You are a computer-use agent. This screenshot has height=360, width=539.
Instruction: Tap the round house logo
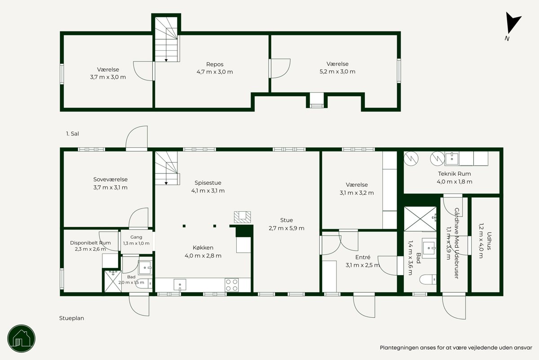pyautogui.click(x=21, y=338)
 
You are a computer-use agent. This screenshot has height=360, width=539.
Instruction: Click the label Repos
pyautogui.click(x=215, y=64)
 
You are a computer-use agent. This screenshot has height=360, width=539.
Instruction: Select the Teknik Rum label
pyautogui.click(x=454, y=173)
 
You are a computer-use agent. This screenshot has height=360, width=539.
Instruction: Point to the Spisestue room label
pyautogui.click(x=208, y=183)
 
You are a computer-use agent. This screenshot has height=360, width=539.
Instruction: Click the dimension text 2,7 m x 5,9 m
pyautogui.click(x=287, y=228)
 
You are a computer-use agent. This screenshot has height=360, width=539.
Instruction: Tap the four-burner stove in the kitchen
pyautogui.click(x=232, y=285)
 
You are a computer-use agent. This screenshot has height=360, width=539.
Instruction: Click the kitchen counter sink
pyautogui.click(x=180, y=285)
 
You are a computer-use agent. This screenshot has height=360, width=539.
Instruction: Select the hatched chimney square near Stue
pyautogui.click(x=242, y=217)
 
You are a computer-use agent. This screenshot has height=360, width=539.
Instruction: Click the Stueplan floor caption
pyautogui.click(x=71, y=318)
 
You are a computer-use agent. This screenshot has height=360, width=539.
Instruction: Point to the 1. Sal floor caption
pyautogui.click(x=72, y=133)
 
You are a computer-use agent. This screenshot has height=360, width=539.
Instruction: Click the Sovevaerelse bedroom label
pyautogui.click(x=110, y=179)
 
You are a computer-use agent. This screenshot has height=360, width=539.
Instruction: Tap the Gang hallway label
pyautogui.click(x=136, y=237)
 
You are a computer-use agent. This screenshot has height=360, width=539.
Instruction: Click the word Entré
pyautogui.click(x=362, y=257)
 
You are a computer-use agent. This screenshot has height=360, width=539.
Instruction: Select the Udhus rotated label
pyautogui.click(x=489, y=241)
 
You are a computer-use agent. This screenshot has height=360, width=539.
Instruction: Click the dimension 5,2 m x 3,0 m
pyautogui.click(x=337, y=71)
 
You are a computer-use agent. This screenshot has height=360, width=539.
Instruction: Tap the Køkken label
pyautogui.click(x=203, y=248)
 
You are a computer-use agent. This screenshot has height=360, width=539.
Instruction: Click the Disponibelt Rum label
pyautogui.click(x=90, y=243)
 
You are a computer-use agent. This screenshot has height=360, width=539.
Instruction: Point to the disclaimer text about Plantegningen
pyautogui.click(x=456, y=347)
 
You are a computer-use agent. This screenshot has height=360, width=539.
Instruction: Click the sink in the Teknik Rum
pyautogui.click(x=452, y=159)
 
